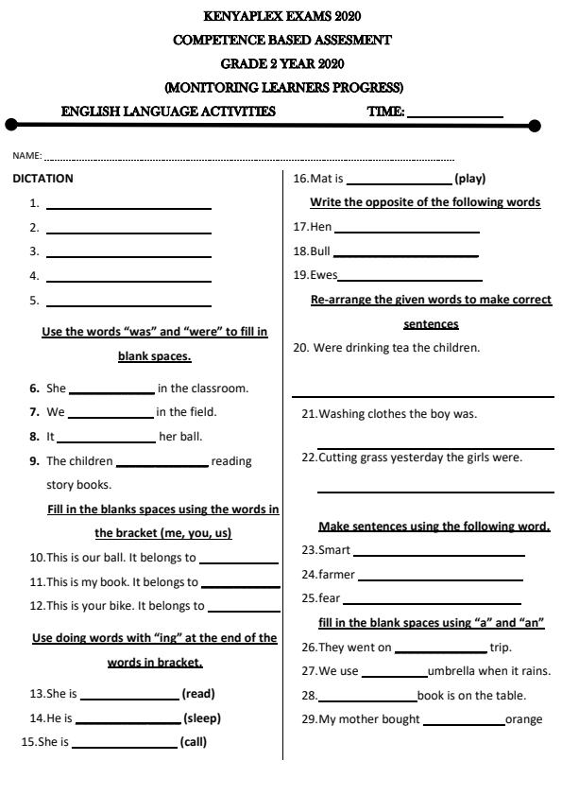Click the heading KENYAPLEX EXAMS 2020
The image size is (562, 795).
tap(281, 16)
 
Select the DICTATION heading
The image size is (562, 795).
tap(43, 178)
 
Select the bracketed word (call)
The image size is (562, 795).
tap(194, 742)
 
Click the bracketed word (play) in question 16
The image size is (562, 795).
tap(470, 178)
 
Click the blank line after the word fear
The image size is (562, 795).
tap(433, 600)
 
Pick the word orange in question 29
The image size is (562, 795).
tap(524, 719)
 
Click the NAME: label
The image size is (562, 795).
tap(26, 155)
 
